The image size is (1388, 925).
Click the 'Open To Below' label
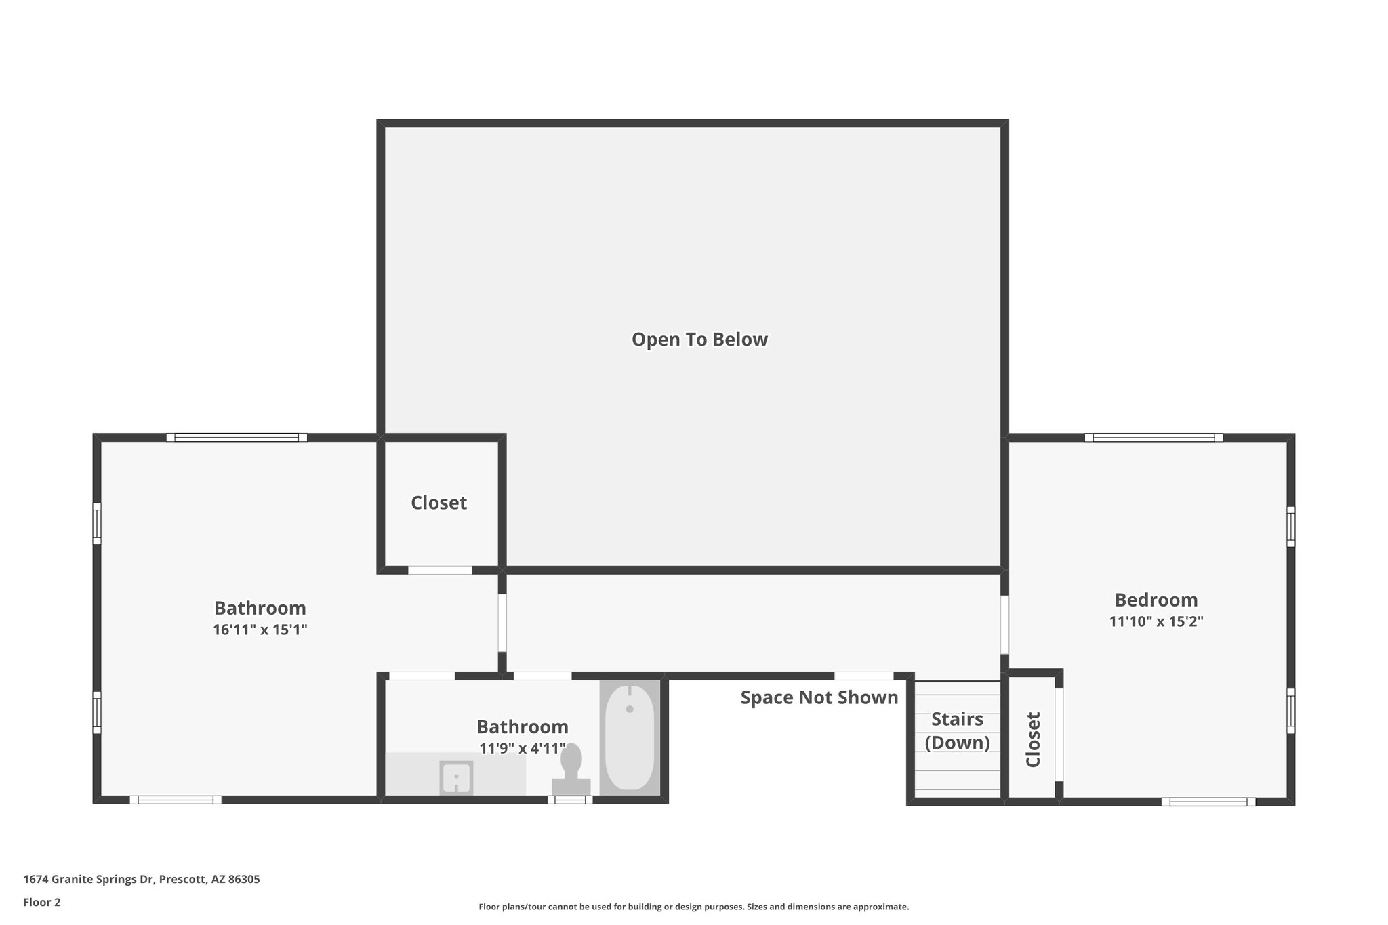click(699, 340)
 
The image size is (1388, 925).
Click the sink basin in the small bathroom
click(456, 778)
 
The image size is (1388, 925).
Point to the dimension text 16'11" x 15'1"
click(260, 630)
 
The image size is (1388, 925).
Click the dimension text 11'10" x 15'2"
click(1156, 621)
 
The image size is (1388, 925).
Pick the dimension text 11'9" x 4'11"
click(523, 749)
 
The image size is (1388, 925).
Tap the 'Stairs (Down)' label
click(957, 731)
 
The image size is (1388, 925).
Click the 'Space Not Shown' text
click(819, 697)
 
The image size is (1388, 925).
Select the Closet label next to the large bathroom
click(438, 503)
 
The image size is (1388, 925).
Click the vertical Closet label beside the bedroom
click(1033, 739)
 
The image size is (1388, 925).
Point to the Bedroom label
click(1156, 600)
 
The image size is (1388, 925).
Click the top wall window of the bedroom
click(1154, 438)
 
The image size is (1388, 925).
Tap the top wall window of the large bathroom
click(237, 438)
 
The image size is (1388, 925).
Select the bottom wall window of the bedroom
click(1208, 802)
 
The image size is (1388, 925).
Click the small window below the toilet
click(570, 800)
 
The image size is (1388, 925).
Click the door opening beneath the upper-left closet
click(440, 570)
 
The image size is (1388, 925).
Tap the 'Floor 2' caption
click(42, 902)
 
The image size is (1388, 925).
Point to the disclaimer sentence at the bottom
click(693, 907)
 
